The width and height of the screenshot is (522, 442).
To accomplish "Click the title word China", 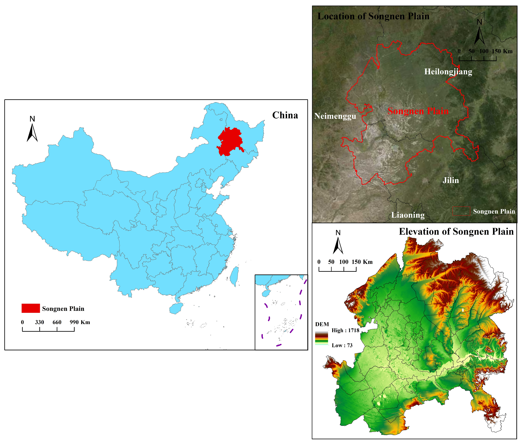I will point(285,115).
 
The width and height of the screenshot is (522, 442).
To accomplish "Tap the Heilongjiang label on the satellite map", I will point(448,72).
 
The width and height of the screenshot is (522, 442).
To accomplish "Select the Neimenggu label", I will point(335,116).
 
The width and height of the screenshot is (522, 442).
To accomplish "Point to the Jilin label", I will point(451,180).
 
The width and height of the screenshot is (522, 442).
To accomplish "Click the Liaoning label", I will point(408,215).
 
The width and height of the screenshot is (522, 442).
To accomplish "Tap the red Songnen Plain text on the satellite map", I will point(418,111).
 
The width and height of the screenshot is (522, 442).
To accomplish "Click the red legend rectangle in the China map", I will point(31,308).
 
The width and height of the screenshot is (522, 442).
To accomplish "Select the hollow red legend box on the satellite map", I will point(461,211).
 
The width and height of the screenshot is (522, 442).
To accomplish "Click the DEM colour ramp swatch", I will point(321,338).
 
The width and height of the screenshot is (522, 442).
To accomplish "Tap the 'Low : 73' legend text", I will point(342,345).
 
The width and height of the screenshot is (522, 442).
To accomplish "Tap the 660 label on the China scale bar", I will point(57,322).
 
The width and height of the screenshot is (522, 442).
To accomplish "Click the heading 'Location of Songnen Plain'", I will point(373,16).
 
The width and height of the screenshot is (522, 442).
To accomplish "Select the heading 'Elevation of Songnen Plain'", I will point(456,232).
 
